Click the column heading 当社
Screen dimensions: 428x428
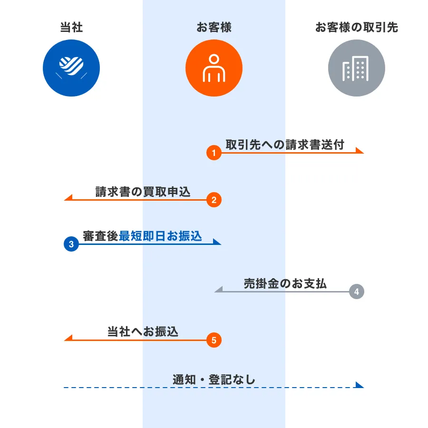71,27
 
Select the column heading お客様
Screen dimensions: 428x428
214,27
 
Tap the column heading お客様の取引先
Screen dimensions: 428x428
356,27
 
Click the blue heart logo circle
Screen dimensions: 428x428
71,68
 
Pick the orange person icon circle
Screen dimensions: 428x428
214,68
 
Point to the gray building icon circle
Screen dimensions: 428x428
356,68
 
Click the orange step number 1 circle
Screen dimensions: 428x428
214,153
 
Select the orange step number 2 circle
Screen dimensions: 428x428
214,200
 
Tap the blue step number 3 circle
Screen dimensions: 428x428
71,244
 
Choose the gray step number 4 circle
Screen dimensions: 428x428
356,291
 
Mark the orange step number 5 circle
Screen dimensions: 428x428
214,340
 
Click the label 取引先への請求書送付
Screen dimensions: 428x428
284,145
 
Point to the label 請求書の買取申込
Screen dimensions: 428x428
143,192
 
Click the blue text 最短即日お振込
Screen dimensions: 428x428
160,236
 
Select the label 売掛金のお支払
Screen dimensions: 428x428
285,283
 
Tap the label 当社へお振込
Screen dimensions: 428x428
143,331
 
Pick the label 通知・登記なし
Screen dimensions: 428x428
214,379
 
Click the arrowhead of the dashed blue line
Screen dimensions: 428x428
360,385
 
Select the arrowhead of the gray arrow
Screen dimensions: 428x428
218,289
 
